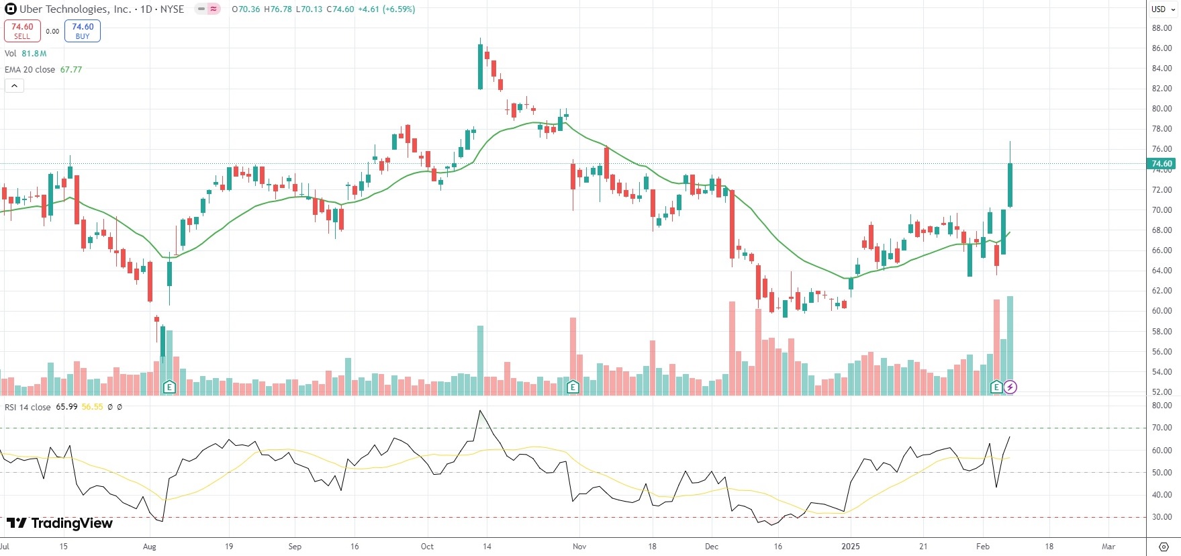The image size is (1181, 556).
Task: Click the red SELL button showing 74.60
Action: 22,31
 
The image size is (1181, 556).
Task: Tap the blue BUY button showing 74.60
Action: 83,31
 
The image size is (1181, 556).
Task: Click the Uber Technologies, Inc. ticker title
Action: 75,9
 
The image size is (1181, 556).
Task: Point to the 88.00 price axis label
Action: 1162,28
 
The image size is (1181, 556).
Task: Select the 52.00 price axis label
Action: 1162,392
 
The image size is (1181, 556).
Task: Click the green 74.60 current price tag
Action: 1162,164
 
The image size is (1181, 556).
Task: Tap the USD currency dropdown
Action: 1163,9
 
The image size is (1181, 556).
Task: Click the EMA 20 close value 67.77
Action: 71,70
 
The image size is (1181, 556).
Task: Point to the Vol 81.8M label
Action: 26,54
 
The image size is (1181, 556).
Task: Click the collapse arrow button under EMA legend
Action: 14,86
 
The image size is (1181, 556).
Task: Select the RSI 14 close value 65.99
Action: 66,407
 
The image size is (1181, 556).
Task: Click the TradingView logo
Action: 60,523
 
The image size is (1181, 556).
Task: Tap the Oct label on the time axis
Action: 427,547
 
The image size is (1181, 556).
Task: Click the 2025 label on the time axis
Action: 851,547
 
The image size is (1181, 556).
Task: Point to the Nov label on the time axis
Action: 579,547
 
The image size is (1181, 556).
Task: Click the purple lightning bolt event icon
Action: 1010,387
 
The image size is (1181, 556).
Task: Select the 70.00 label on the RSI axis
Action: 1162,428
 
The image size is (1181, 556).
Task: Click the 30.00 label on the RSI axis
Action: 1162,517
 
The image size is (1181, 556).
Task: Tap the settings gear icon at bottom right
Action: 1164,547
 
